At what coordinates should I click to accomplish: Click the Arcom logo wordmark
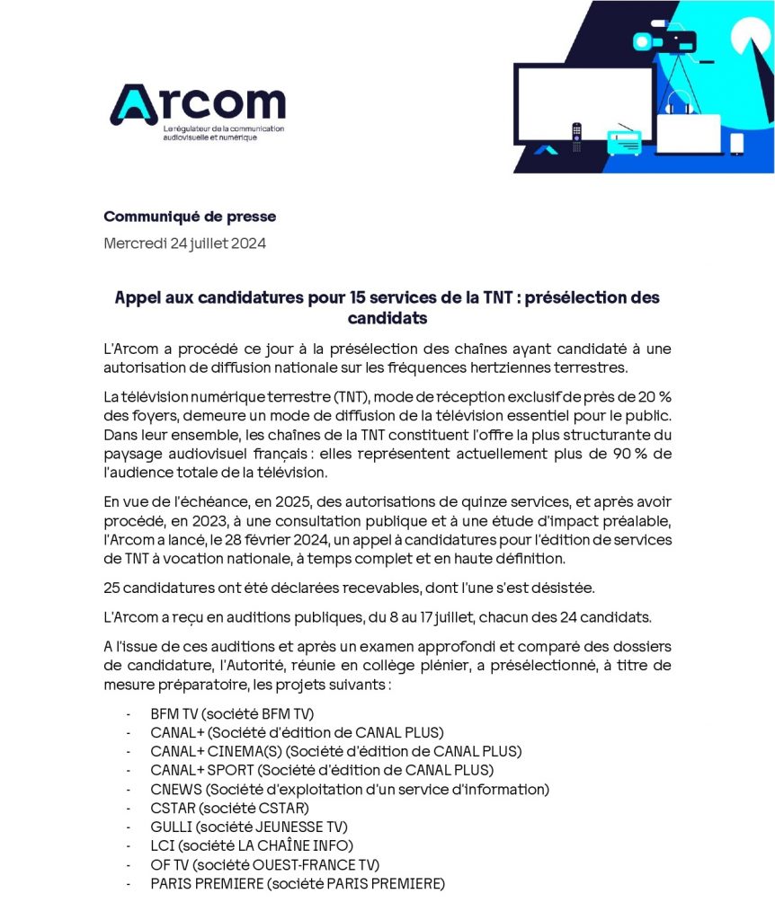click(198, 105)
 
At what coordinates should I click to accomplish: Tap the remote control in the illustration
click(576, 138)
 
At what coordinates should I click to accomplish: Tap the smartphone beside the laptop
click(736, 143)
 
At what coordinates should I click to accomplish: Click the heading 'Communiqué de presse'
click(190, 217)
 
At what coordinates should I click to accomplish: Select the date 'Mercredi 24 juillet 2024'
click(184, 243)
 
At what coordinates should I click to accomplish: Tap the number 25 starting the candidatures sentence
click(112, 588)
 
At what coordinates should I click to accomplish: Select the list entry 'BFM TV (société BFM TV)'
click(232, 714)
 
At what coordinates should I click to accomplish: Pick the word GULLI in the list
click(171, 827)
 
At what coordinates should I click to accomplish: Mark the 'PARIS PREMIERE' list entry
click(297, 883)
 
